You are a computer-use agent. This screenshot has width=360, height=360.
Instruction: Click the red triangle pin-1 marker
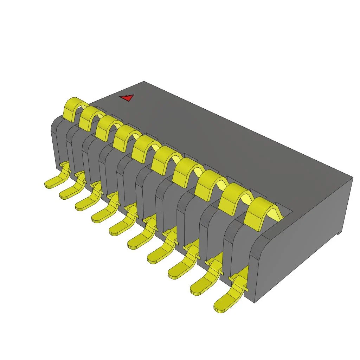(127, 97)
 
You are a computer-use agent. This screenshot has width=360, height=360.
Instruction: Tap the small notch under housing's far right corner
(338, 232)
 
